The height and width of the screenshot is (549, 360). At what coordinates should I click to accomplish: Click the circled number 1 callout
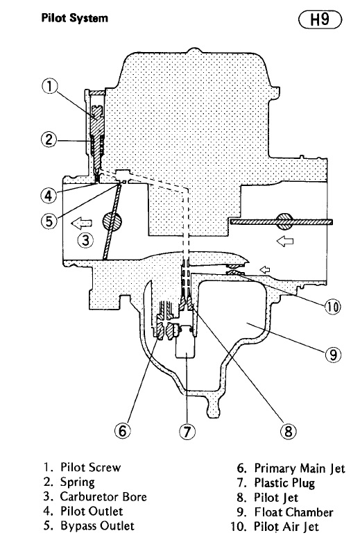pos(49,86)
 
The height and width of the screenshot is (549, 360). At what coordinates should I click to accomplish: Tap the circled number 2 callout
pos(49,140)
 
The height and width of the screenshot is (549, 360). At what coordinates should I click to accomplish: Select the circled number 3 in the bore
pos(85,240)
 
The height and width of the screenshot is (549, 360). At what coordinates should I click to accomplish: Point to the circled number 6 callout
pos(123,430)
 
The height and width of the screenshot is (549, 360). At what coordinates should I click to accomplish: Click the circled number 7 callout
pos(187,431)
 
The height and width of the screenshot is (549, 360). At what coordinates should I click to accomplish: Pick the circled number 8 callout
pos(289,430)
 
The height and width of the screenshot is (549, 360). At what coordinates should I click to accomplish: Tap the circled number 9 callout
pos(333,355)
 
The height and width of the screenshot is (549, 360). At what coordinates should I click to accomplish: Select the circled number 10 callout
pos(332,307)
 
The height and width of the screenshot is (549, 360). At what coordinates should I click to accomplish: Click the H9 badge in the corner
pos(320,19)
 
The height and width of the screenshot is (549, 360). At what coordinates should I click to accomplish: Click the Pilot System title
pos(74,18)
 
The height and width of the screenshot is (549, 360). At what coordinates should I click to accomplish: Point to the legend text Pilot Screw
pos(91,467)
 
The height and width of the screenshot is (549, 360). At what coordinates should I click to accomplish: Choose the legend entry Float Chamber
pos(293,512)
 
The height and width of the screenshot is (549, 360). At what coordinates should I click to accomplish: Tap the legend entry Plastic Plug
pos(284,483)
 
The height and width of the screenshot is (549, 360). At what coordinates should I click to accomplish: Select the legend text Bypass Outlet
pos(97,525)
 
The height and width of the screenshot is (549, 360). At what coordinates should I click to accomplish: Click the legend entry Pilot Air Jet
pos(286,527)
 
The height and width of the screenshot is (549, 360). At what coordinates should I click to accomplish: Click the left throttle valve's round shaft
pos(112,221)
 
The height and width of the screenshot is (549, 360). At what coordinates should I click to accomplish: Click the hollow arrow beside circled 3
pos(81,223)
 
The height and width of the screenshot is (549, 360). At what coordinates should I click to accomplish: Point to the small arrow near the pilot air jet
pos(265,269)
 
